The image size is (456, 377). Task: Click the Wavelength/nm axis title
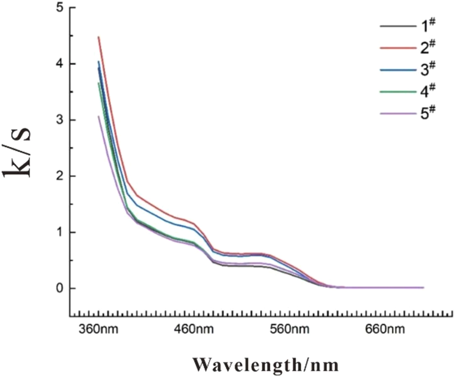pos(266,365)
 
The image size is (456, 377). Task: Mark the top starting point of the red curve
pos(98,37)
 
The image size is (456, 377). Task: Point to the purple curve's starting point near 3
pos(98,116)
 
